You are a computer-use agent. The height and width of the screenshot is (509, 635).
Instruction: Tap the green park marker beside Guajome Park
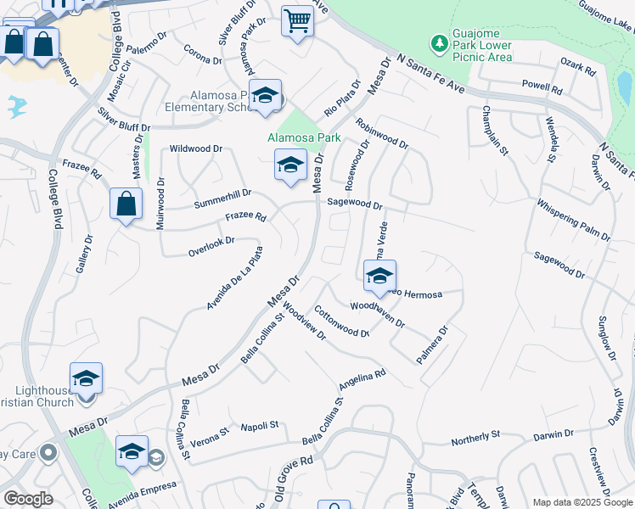439,42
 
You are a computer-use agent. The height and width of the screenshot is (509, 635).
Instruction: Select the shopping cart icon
297,20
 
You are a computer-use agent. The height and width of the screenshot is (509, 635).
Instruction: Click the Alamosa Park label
303,137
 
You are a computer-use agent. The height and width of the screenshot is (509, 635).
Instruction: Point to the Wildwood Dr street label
196,148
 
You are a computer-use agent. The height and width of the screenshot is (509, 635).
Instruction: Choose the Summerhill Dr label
222,199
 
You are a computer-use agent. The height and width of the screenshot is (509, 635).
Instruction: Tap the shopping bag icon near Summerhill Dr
126,204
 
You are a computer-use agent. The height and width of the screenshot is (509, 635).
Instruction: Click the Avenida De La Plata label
235,277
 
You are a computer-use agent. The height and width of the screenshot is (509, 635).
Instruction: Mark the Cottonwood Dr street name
341,322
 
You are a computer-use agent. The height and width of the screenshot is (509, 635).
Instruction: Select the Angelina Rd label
362,378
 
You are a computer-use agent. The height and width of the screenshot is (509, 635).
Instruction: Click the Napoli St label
260,426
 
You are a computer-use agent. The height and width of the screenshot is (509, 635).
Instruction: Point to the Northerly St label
475,438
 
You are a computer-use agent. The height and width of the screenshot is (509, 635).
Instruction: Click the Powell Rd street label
542,88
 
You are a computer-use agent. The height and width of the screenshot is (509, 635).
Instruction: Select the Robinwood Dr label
382,133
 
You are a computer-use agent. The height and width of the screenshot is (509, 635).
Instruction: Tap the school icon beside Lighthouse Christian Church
86,378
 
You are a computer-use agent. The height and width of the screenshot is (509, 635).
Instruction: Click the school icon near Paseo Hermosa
379,275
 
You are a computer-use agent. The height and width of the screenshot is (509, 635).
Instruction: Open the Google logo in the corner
28,499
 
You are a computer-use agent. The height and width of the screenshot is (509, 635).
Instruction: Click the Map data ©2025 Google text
582,502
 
